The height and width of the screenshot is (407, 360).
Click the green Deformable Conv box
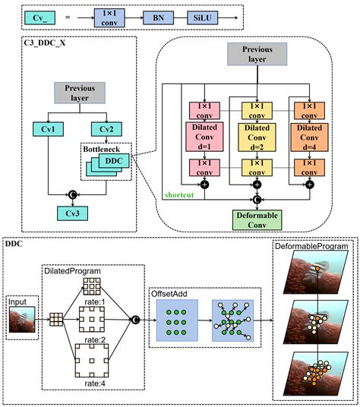[x=257, y=220]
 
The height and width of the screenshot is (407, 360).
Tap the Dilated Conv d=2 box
[x=257, y=137]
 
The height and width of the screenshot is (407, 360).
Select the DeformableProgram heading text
[x=312, y=248]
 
